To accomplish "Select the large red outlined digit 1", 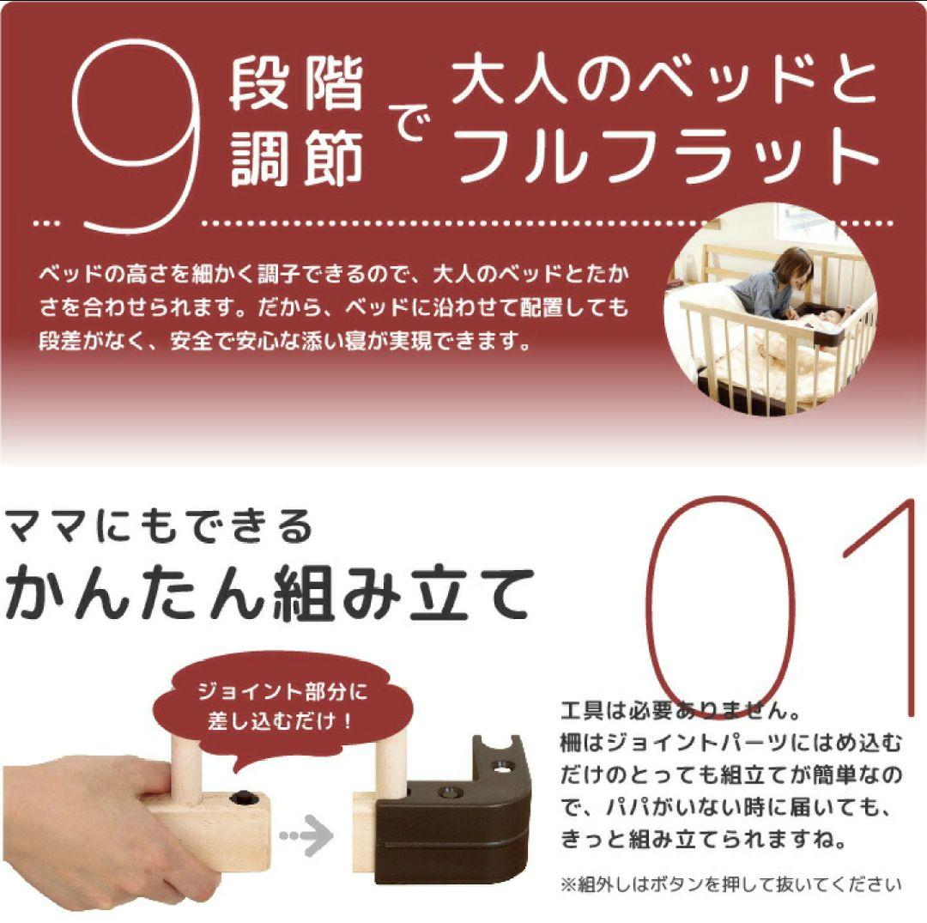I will (884, 601).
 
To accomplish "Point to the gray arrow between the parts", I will (308, 832).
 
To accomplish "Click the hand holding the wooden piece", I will (77, 816).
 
